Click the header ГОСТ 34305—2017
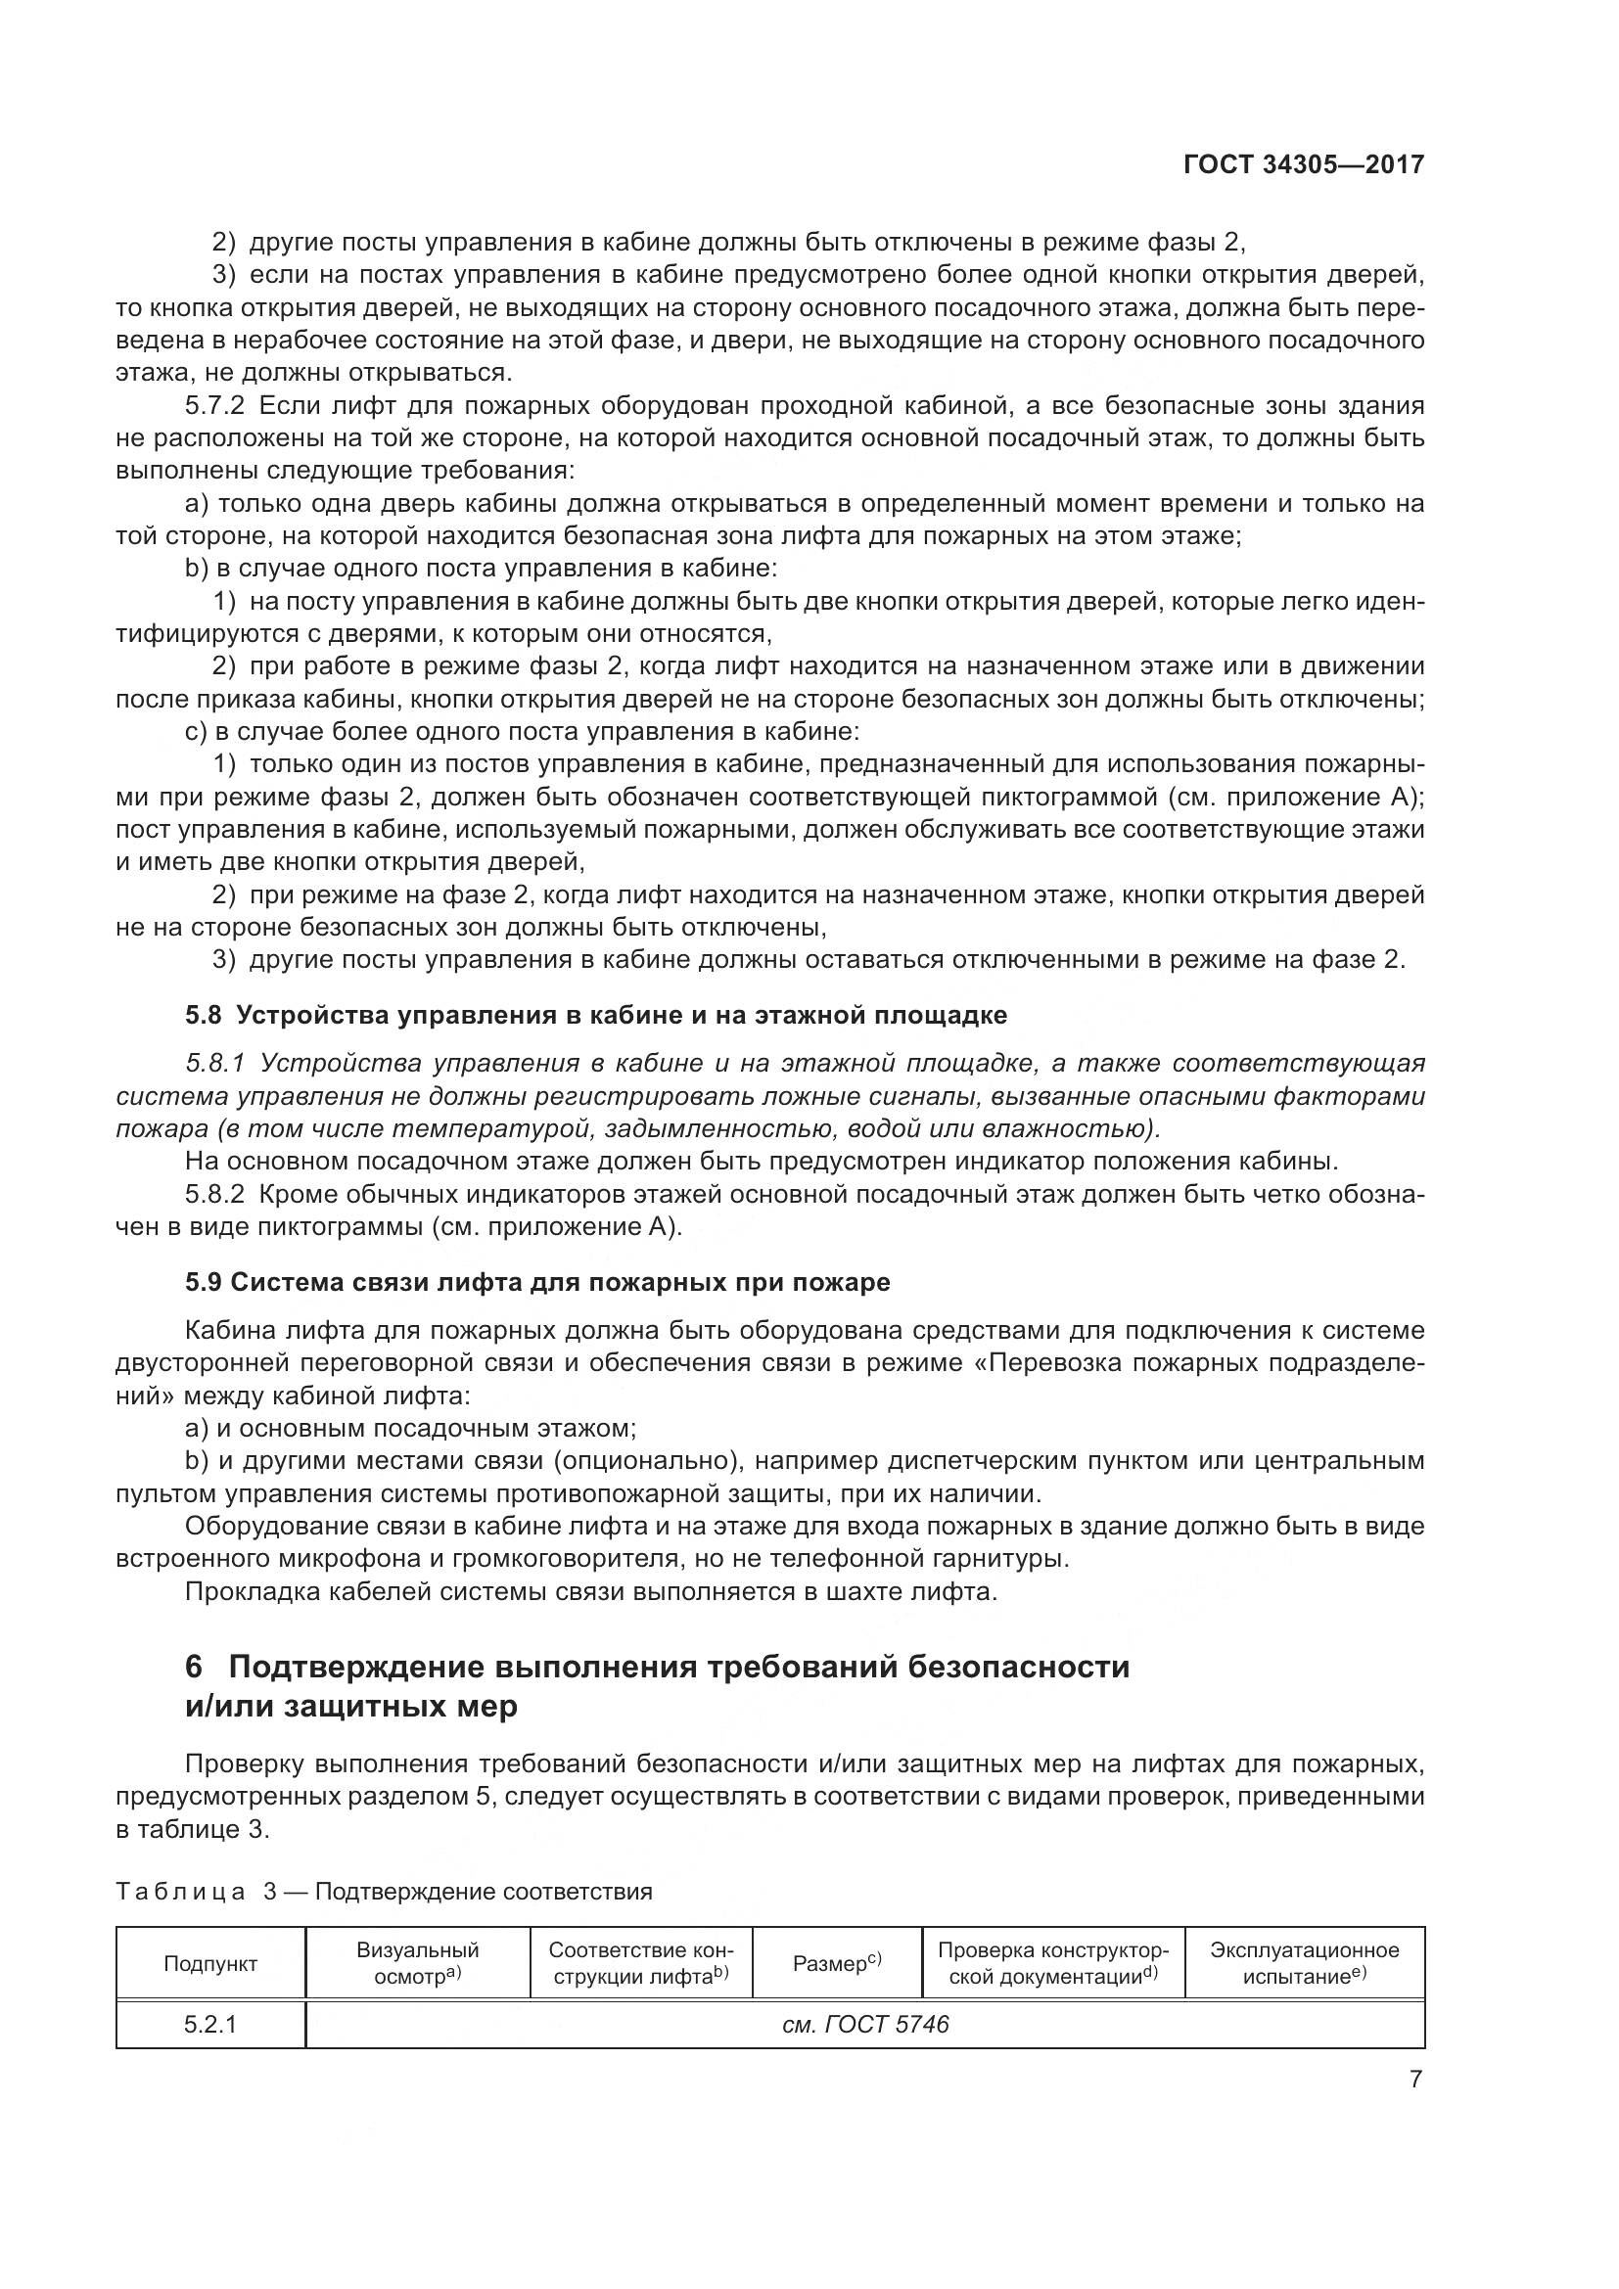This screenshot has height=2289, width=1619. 1303,164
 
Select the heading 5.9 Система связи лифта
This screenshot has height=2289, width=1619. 537,1282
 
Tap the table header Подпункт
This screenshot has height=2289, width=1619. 210,1963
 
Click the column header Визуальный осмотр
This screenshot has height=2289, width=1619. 418,1963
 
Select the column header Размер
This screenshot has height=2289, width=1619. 836,1963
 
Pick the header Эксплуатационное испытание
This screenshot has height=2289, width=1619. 1304,1963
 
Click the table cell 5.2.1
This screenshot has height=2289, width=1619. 210,2024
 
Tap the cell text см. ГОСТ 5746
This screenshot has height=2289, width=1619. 865,2024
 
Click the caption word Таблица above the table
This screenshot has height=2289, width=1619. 180,1892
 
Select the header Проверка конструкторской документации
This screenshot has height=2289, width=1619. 1054,1963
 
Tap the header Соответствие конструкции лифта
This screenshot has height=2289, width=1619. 641,1963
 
